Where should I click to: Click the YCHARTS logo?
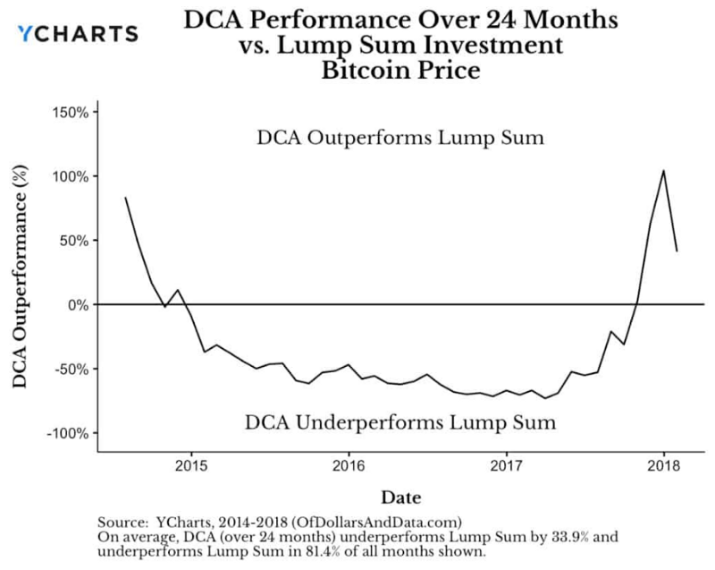coord(78,34)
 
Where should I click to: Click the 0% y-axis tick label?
coord(77,305)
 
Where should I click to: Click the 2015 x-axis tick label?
coord(190,466)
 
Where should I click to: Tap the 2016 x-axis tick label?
coord(349,466)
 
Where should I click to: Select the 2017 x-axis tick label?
coord(507,466)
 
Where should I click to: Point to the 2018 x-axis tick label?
coord(664,466)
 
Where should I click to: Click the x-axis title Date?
coord(400,497)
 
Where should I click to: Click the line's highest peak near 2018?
coord(663,171)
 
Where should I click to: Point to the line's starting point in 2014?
coord(125,198)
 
